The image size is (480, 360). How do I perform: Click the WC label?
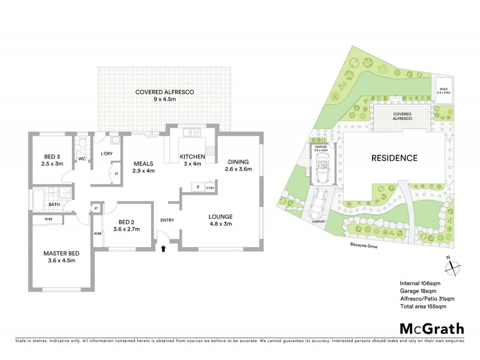82,159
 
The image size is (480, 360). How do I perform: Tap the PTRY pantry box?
210,188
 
